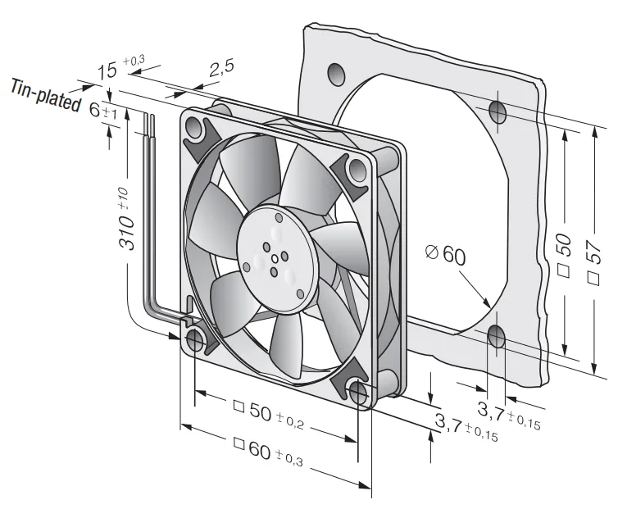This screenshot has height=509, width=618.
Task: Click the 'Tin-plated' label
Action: pyautogui.click(x=44, y=95)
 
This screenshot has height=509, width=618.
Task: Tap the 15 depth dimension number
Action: pyautogui.click(x=107, y=71)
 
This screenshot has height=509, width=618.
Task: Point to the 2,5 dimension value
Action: pyautogui.click(x=221, y=67)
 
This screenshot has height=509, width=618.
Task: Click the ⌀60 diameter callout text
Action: pyautogui.click(x=446, y=254)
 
